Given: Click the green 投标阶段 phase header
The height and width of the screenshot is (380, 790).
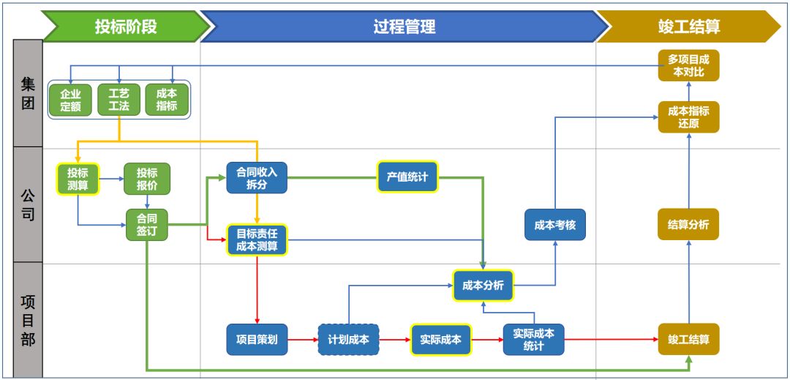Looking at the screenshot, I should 125,27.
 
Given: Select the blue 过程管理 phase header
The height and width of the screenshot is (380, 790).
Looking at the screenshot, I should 404,27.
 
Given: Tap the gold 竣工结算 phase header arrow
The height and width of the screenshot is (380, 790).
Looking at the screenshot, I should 688,27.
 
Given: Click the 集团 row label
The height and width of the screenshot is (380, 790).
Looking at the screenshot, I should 28,93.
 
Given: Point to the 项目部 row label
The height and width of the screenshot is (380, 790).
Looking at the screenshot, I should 28,321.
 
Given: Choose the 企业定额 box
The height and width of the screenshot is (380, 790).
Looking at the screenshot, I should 70,100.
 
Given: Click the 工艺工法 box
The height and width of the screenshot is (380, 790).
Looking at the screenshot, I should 118,100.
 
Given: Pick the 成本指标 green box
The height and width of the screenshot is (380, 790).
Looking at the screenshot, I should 167,100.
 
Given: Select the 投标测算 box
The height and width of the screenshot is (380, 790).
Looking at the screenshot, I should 78,179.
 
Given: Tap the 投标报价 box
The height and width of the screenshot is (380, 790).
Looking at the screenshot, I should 146,179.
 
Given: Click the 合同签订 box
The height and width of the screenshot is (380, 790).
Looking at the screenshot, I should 146,224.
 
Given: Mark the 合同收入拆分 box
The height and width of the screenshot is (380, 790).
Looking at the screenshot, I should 257,178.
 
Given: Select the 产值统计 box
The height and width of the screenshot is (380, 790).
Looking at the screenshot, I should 407,176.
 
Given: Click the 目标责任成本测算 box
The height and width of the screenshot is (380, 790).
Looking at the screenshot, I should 257,240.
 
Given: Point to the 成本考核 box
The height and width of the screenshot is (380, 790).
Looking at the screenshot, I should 555,225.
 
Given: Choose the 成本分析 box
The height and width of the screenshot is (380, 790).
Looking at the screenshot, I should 483,286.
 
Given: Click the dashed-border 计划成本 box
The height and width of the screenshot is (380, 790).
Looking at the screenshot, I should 348,340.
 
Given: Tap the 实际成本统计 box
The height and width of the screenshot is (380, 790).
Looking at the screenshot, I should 533,340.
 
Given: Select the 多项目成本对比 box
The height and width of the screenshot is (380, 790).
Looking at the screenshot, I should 688,65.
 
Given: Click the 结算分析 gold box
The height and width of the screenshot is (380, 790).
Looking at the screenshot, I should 688,225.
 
